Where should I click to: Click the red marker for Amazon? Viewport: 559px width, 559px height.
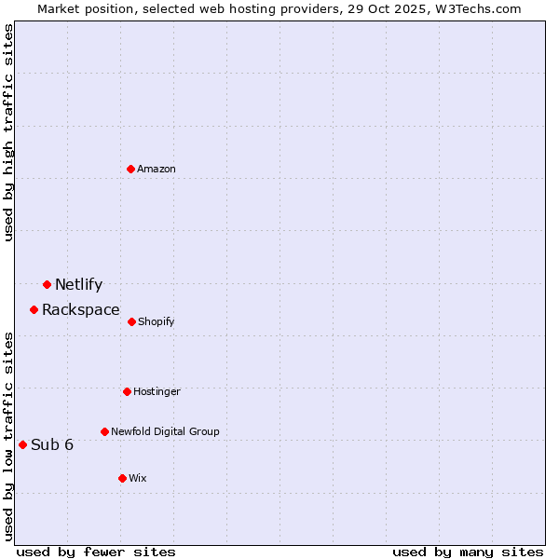(131, 169)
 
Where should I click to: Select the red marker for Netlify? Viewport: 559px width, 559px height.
(47, 284)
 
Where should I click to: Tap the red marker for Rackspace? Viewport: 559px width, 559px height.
(34, 309)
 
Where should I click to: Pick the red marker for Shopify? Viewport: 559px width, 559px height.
(131, 321)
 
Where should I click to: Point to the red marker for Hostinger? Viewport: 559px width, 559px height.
(127, 391)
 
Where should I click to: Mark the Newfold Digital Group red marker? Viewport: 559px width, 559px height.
(104, 431)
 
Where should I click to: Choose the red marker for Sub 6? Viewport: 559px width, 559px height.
(22, 444)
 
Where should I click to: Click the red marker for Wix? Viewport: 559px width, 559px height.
(122, 478)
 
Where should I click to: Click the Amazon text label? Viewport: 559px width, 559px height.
(157, 169)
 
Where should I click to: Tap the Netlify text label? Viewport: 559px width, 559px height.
(78, 285)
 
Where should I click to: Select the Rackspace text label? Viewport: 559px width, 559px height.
(81, 310)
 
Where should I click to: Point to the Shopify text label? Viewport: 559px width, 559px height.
(156, 321)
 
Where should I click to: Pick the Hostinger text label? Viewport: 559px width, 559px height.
(157, 391)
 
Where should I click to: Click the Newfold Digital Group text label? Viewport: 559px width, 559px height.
(165, 431)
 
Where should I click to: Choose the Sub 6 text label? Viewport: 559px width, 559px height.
(52, 445)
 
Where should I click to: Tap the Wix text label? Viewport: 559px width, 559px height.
(138, 478)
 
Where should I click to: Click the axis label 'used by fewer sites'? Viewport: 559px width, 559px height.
(96, 552)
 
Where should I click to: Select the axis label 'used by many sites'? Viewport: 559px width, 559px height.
(468, 552)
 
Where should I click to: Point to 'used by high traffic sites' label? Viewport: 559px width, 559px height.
(8, 132)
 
